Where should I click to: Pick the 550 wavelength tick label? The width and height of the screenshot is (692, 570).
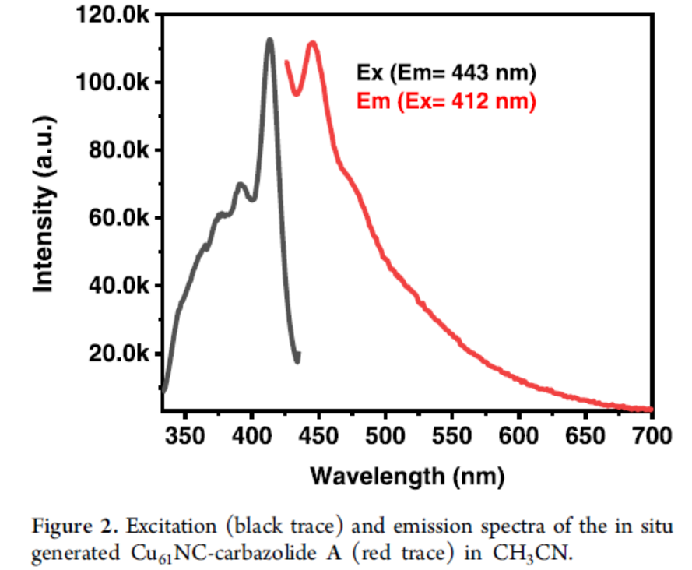(451, 434)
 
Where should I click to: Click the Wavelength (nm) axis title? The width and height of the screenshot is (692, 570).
(407, 475)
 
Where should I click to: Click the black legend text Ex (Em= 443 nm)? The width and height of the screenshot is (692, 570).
(447, 73)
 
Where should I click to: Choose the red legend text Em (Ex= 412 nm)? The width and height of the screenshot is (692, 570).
(446, 101)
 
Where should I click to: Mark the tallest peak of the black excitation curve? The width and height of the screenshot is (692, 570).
(269, 40)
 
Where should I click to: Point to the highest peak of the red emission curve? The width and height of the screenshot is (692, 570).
(313, 44)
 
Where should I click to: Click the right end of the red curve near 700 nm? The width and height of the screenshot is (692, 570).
(650, 409)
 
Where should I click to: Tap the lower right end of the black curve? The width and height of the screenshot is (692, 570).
(297, 359)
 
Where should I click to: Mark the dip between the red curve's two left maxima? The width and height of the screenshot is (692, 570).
(297, 93)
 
